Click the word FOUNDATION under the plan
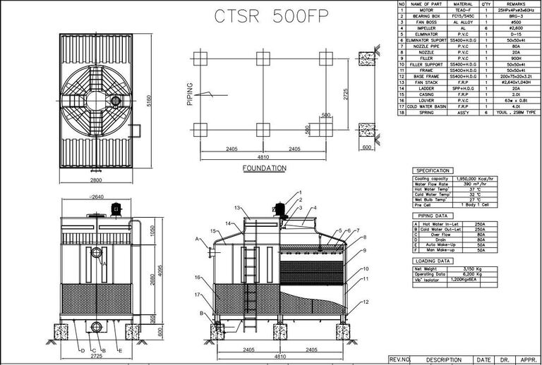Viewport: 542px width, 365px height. point(264,168)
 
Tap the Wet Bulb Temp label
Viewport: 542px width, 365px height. point(433,199)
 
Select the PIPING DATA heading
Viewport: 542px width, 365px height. point(432,216)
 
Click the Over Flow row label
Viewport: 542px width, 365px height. point(437,235)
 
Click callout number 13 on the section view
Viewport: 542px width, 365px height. point(239,209)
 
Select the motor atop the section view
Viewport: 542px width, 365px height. point(279,208)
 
